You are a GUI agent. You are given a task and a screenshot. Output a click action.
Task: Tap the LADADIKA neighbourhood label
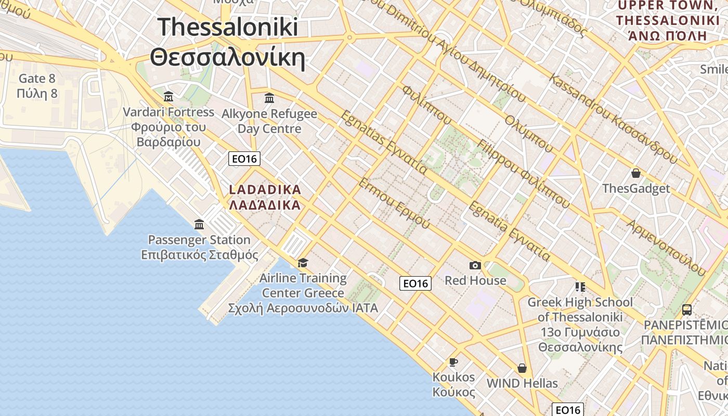tap(265, 190)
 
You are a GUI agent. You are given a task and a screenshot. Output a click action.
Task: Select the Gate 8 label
tap(36, 79)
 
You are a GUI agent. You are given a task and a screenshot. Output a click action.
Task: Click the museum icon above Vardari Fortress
tap(168, 97)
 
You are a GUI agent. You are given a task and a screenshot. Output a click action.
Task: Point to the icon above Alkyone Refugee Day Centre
tap(269, 98)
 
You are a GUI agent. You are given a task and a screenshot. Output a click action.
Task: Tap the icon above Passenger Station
tap(199, 225)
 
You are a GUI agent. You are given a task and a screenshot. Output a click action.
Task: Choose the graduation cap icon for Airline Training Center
tap(303, 263)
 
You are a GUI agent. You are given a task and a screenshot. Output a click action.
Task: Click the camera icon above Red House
tap(475, 266)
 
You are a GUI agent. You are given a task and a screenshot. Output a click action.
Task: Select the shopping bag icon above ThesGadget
tap(635, 173)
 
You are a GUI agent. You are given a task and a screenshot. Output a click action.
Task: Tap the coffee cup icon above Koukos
tap(453, 362)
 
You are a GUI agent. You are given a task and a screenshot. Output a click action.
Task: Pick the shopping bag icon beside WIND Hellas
tap(522, 368)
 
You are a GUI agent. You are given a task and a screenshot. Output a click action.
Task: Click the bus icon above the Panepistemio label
tap(687, 310)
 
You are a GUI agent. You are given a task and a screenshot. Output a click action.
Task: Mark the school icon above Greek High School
tap(580, 287)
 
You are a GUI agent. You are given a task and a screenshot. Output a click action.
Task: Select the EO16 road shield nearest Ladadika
tap(244, 159)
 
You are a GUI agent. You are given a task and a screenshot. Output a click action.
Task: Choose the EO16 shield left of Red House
tap(415, 283)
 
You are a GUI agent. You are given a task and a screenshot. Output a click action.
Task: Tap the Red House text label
tap(475, 281)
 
